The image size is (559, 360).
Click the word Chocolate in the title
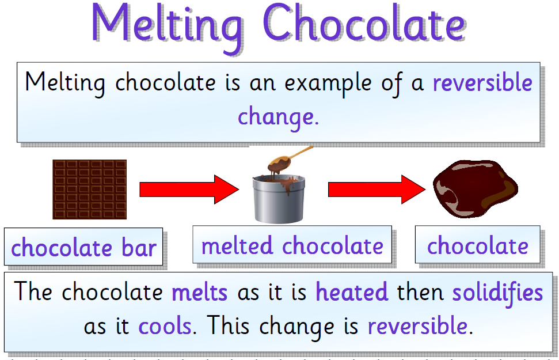point(363,24)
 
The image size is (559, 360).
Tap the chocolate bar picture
point(89,190)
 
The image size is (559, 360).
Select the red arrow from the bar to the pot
point(189,189)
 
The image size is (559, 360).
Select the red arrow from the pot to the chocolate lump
point(378,189)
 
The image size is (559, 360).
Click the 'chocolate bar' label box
point(83,248)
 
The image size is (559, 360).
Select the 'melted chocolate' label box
point(292,246)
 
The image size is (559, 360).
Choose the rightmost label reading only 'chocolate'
point(477,246)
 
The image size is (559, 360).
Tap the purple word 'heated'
point(352,292)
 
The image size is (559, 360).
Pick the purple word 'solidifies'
point(497,292)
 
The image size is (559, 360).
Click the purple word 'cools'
point(164,327)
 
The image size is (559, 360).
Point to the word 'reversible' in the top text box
point(482,83)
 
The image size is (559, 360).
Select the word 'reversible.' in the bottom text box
point(420,327)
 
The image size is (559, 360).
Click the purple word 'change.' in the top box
point(278,116)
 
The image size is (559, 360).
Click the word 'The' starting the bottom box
point(34,292)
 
